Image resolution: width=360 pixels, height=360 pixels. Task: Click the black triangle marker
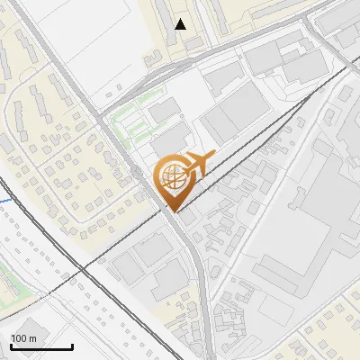pyautogui.click(x=181, y=24)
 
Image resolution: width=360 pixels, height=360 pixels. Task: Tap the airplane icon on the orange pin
pyautogui.click(x=198, y=164)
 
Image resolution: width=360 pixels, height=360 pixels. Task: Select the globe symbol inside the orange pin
pyautogui.click(x=172, y=177)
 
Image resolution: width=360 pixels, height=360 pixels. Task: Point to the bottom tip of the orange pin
pyautogui.click(x=172, y=211)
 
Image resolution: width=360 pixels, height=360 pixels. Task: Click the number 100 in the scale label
pyautogui.click(x=18, y=337)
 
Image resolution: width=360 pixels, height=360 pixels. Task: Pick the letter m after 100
pyautogui.click(x=32, y=337)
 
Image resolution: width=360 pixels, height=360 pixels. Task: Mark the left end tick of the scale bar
pyautogui.click(x=10, y=346)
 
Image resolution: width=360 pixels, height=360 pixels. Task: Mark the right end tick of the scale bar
pyautogui.click(x=72, y=346)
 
